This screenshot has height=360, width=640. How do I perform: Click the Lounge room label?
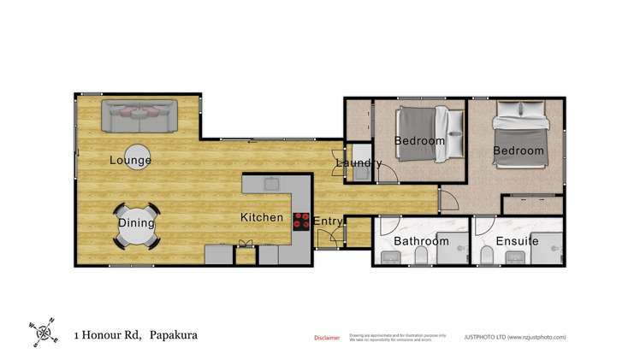click(x=131, y=160)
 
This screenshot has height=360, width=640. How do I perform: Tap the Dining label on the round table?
click(x=137, y=223)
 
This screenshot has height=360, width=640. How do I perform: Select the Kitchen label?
click(x=261, y=217)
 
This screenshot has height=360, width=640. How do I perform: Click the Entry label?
click(x=328, y=221)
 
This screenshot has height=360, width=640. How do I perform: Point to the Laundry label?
click(x=359, y=162)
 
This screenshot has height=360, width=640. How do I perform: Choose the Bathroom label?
click(x=421, y=241)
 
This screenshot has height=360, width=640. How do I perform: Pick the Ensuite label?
click(x=517, y=241)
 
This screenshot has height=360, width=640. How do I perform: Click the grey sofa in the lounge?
click(x=139, y=115)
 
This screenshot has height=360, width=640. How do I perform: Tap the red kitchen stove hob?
click(x=302, y=221)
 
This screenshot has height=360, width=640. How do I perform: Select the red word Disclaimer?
click(x=327, y=338)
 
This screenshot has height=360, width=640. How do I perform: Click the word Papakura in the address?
click(x=174, y=334)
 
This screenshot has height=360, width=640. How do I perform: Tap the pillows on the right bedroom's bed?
click(x=512, y=110)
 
